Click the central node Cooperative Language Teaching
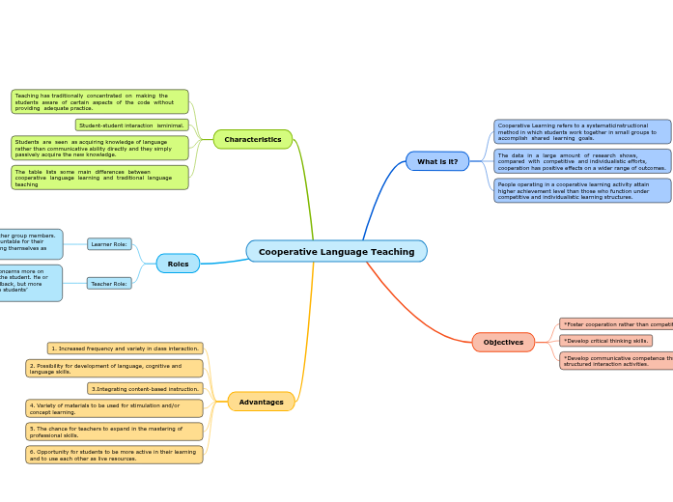336,252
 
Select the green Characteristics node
252,139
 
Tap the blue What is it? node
437,161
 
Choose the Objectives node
503,342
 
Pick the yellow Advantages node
261,402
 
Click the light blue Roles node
178,264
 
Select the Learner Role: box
109,244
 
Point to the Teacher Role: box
109,284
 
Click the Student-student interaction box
131,125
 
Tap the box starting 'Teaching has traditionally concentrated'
99,101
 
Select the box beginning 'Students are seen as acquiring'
99,148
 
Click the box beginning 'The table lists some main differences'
99,178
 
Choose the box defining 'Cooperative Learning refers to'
582,131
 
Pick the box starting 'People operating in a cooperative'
582,190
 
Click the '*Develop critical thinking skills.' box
605,341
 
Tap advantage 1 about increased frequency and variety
125,349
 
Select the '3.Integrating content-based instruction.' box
145,389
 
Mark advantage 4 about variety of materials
114,408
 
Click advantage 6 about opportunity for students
114,455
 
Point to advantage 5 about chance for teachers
114,432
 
